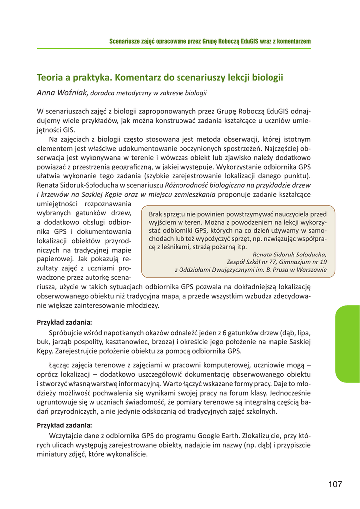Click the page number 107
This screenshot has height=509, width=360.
point(336,484)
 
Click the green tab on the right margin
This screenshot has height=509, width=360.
point(348,343)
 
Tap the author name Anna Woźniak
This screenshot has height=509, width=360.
point(63,92)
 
